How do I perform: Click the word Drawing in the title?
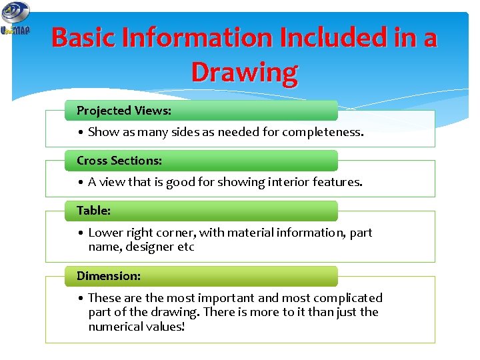click(x=244, y=71)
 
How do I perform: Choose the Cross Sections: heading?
click(x=119, y=160)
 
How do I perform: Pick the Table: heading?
click(x=94, y=210)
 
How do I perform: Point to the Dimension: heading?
click(x=109, y=275)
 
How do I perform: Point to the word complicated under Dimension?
click(x=347, y=298)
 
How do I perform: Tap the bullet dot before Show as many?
click(x=80, y=132)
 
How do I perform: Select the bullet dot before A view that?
click(x=80, y=181)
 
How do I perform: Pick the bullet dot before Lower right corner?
click(x=80, y=233)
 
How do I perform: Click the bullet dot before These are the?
click(x=80, y=298)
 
